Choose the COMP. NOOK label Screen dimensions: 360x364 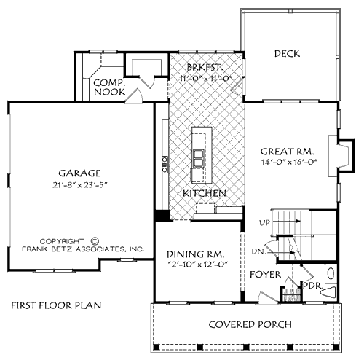coord(109,88)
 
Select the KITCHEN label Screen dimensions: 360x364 coord(204,193)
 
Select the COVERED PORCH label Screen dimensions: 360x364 coord(250,324)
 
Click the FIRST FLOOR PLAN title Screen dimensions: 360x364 coord(55,305)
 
